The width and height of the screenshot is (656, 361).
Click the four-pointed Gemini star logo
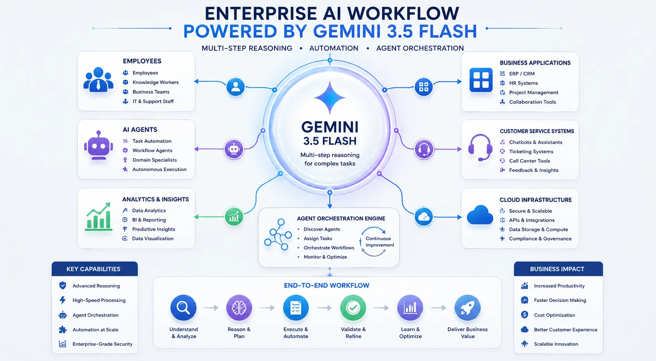(330, 97)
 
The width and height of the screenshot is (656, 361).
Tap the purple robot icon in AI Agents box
(99, 145)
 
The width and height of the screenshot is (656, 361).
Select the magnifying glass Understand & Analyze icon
(183, 307)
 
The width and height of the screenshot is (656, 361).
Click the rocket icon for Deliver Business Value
(467, 307)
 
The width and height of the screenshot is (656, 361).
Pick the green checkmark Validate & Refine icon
(353, 307)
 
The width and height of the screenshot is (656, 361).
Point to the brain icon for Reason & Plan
(239, 307)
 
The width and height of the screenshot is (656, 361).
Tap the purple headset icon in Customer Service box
(480, 148)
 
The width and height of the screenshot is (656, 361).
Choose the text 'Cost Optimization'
(554, 315)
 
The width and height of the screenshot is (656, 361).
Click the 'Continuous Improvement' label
(379, 242)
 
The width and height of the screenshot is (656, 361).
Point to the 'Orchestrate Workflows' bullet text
(329, 248)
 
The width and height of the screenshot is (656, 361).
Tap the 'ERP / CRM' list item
(521, 73)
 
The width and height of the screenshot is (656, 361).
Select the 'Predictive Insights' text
(154, 229)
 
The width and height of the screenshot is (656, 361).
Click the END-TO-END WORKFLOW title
(327, 285)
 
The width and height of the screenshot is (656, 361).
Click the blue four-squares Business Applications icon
(481, 80)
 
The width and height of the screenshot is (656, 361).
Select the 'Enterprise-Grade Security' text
(102, 344)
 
